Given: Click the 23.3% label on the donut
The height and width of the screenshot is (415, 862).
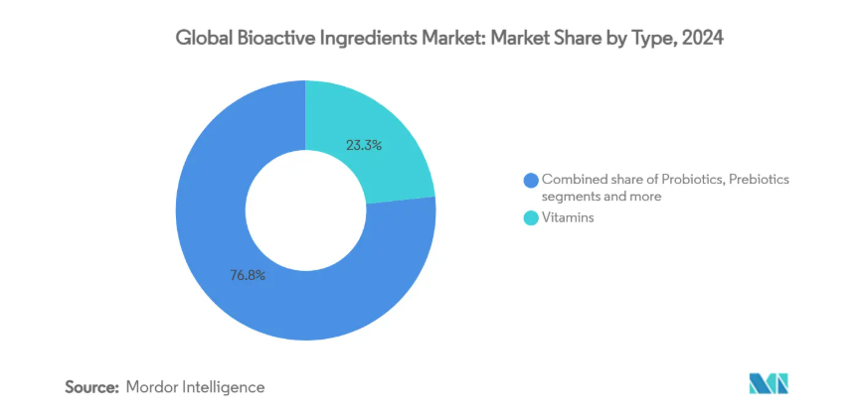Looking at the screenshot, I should (365, 145).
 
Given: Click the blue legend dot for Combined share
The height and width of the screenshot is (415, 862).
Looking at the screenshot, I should (532, 180).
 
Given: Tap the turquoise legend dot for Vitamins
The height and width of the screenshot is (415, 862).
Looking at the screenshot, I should (532, 217).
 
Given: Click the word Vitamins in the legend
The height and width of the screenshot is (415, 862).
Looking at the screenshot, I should (569, 217).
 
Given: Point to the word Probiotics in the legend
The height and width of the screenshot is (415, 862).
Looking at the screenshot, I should (675, 179).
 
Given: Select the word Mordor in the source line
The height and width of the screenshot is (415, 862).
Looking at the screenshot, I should (152, 385).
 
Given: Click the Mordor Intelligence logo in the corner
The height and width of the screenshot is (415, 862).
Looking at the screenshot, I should (769, 384).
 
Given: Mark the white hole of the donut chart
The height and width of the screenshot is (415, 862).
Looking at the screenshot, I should (304, 210).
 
